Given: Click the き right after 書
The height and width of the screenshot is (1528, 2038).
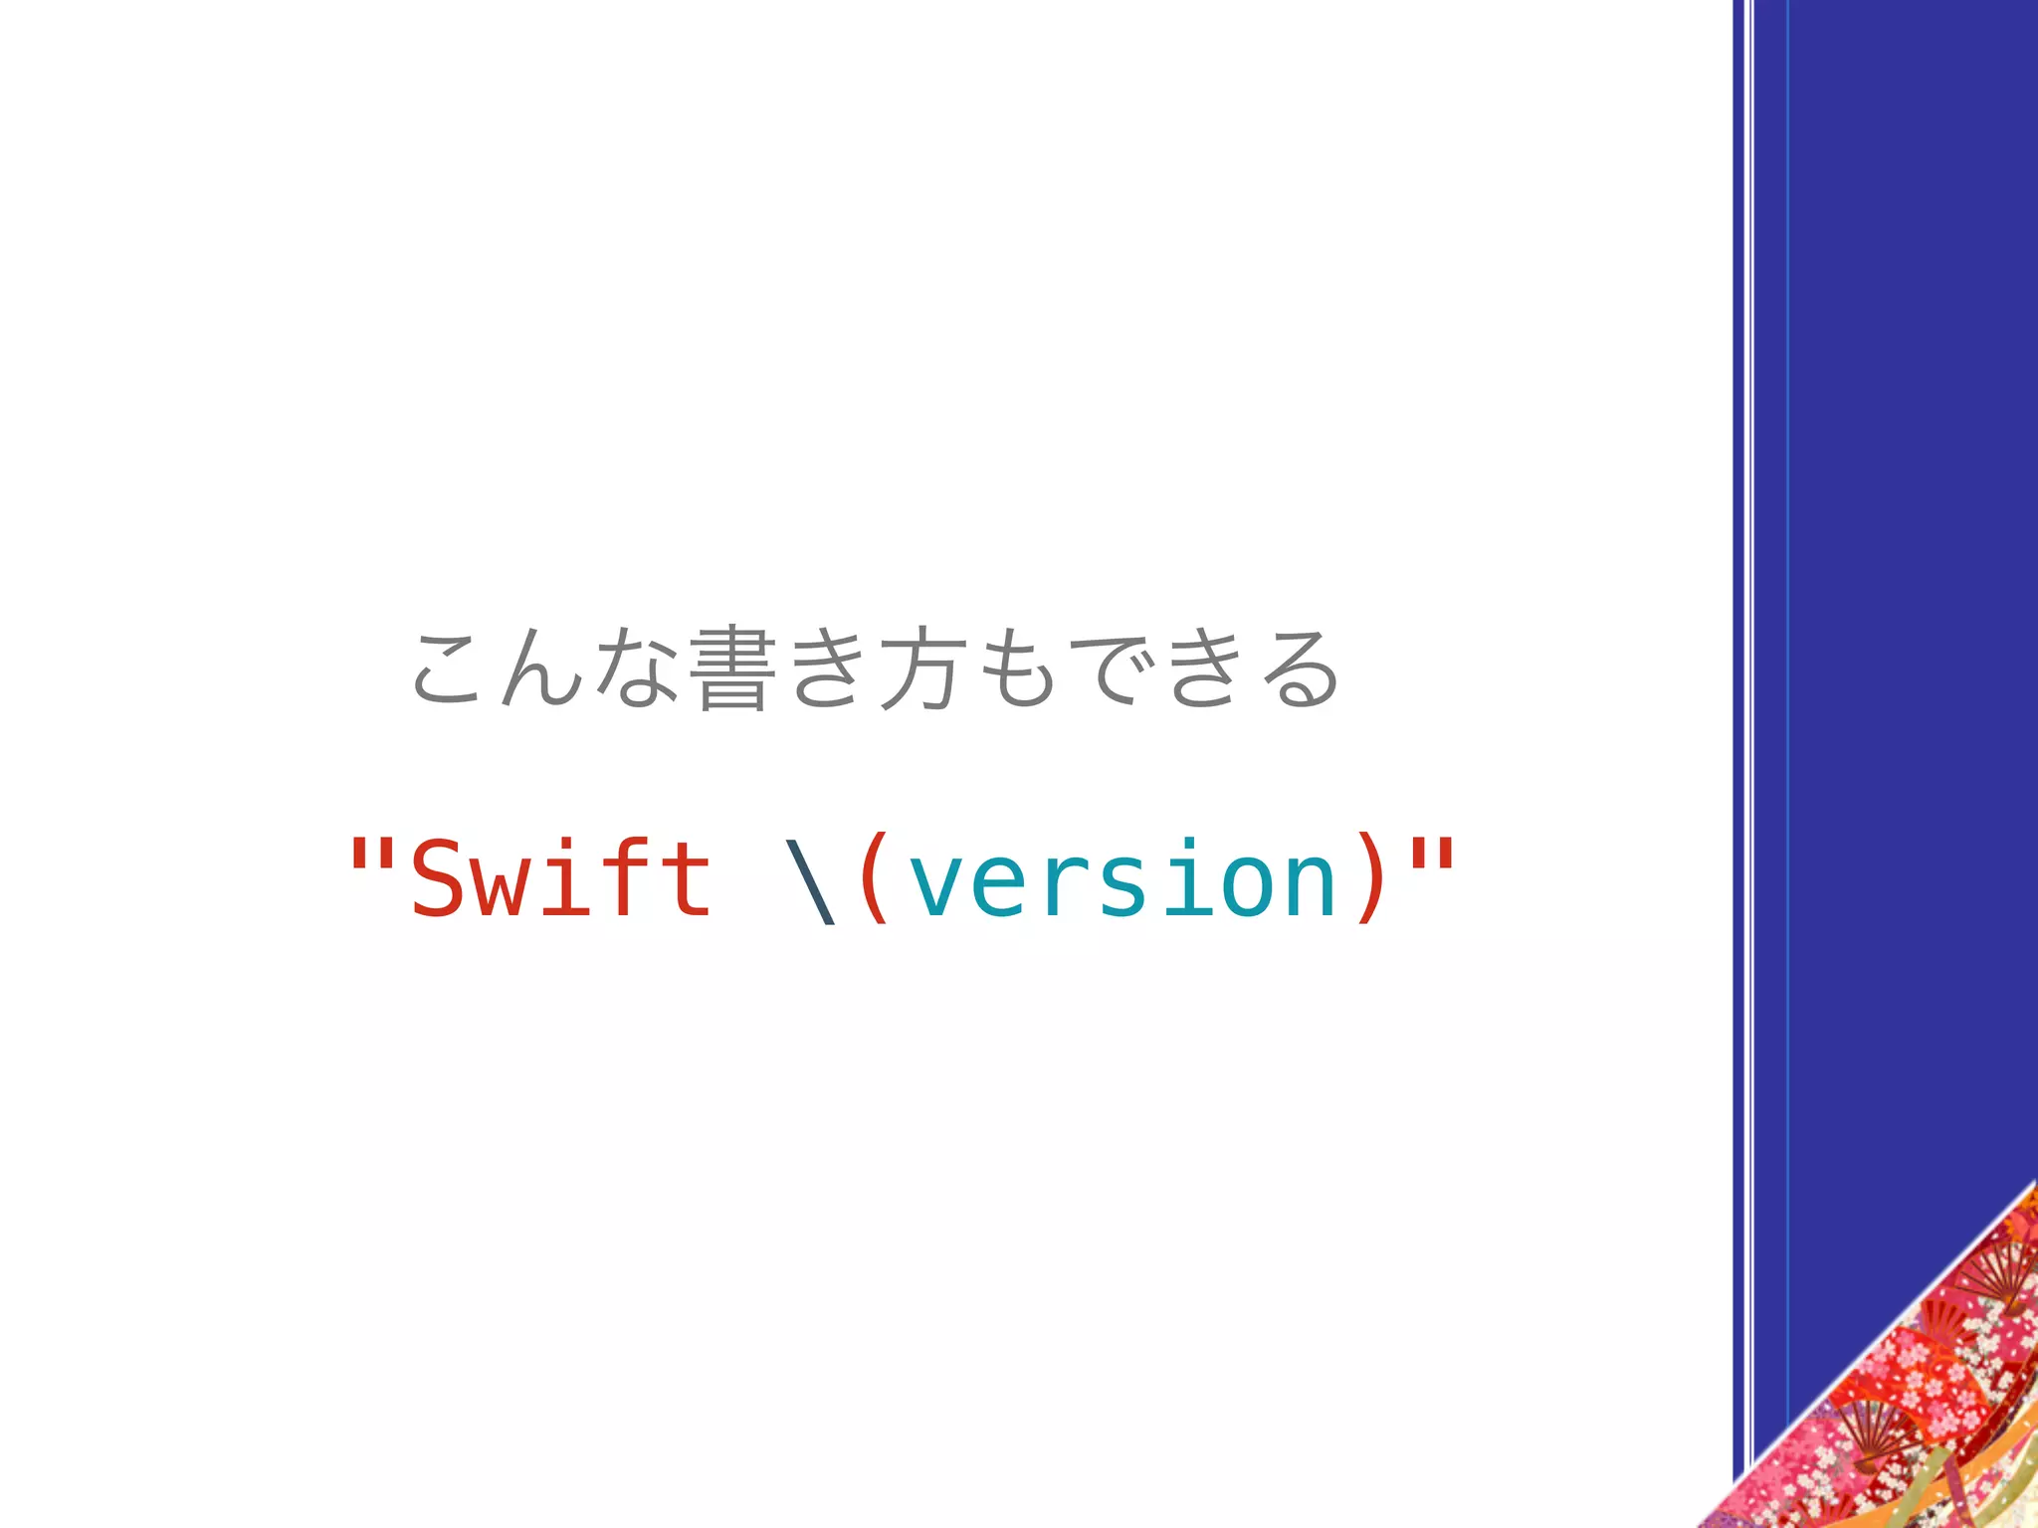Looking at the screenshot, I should click(x=825, y=669).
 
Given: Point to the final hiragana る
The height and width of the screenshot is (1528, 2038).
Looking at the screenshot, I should click(x=1299, y=669).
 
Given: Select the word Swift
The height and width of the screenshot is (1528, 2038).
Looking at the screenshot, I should click(x=561, y=877).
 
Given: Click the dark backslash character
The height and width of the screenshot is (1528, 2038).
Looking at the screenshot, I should click(x=810, y=881).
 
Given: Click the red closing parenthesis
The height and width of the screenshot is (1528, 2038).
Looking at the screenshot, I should click(x=1371, y=879).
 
